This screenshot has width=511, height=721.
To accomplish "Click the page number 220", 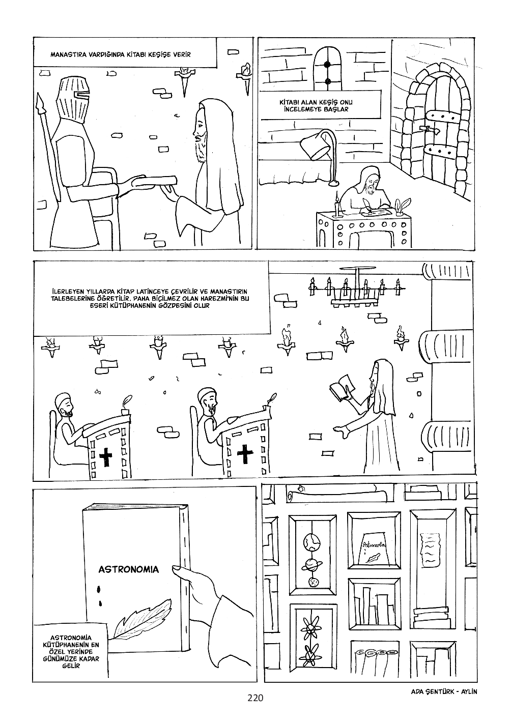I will pos(254,698).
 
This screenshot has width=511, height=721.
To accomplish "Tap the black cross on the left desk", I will pos(106,456).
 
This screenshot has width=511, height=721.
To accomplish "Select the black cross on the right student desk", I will pos(246,454).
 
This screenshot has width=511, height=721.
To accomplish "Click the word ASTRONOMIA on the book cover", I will pos(128,569).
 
